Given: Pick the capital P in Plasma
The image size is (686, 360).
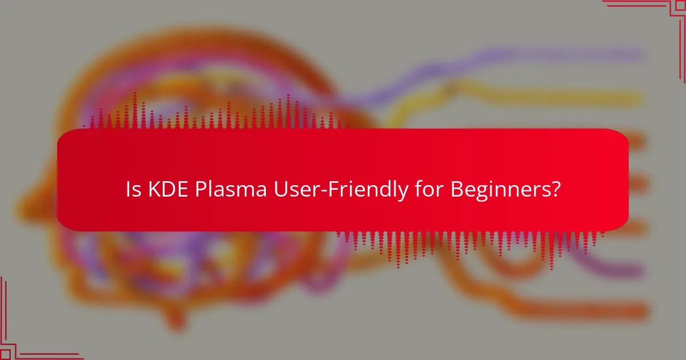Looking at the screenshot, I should click(201, 190).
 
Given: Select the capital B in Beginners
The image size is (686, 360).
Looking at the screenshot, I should click(456, 190).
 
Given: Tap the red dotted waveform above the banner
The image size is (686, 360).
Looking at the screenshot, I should click(229, 114).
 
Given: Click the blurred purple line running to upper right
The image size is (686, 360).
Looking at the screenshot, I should click(543, 56).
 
